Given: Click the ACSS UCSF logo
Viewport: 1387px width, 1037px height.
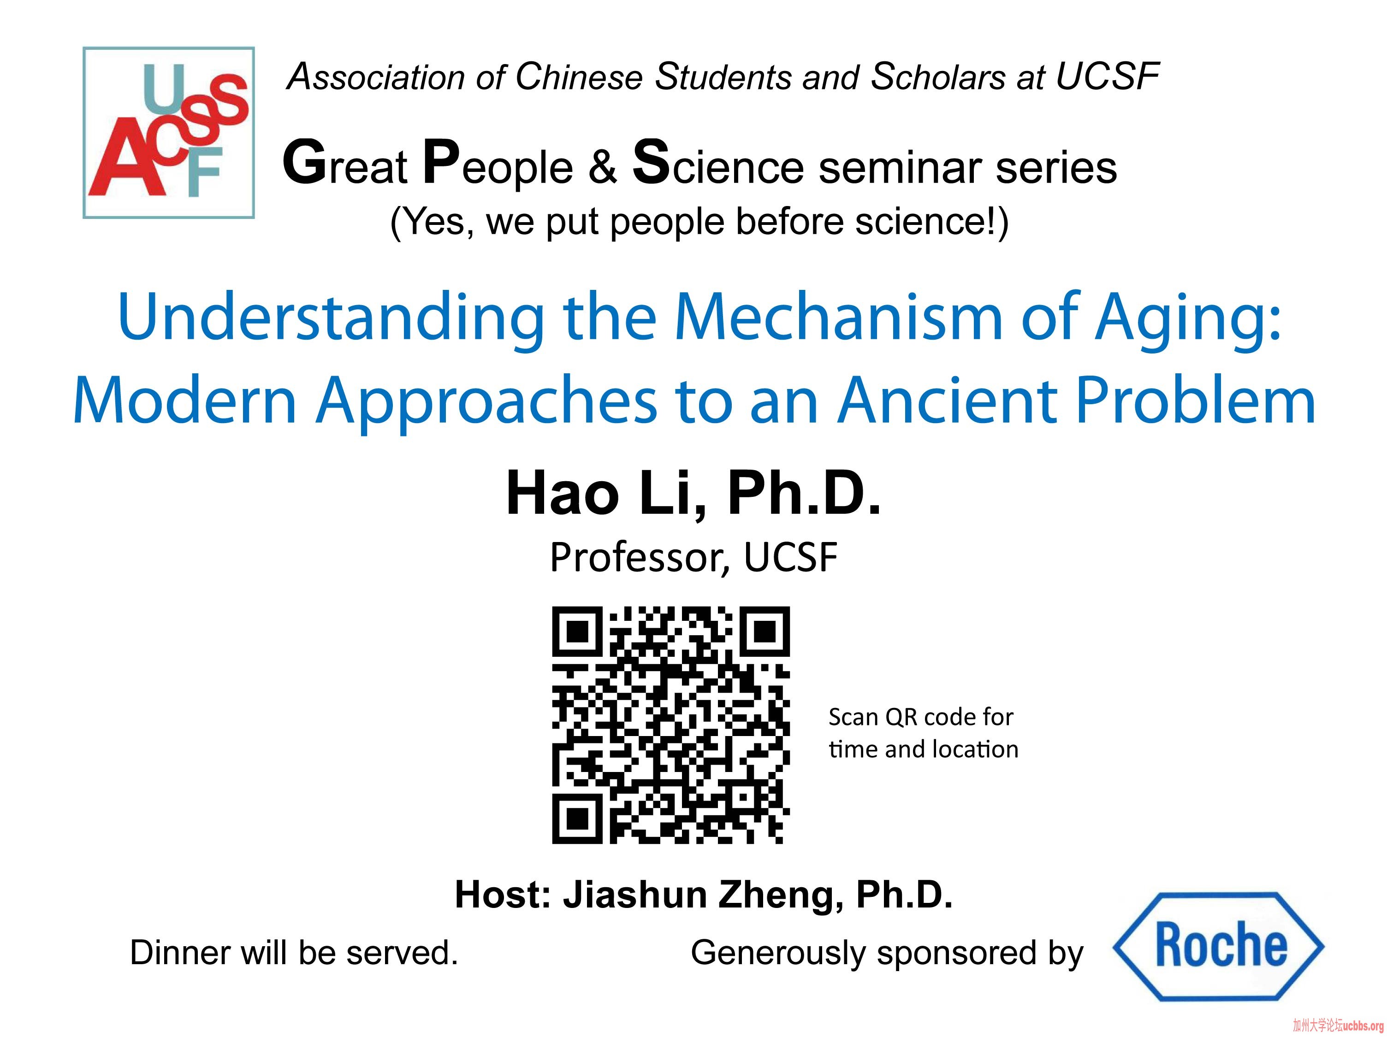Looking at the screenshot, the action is click(x=169, y=133).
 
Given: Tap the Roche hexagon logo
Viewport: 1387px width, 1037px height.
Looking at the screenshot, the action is click(x=1218, y=946).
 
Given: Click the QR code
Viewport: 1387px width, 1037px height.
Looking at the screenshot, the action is click(x=670, y=725).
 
